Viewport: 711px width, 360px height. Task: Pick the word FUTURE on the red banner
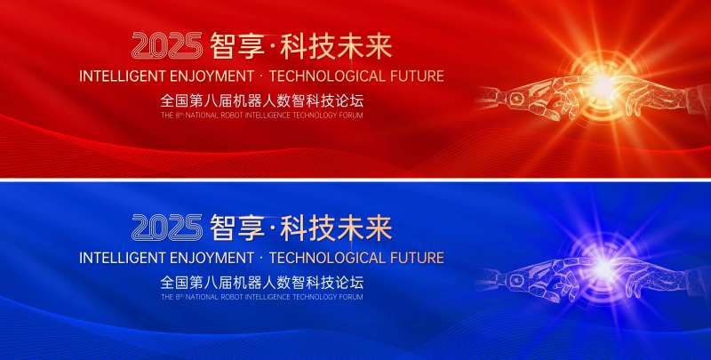pos(415,76)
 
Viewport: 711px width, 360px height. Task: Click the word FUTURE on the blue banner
pos(415,258)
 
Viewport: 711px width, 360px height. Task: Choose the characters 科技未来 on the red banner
pos(336,46)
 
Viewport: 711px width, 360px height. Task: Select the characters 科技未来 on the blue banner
pos(336,228)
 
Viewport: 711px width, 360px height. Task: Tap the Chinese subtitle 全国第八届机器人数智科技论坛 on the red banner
pos(262,100)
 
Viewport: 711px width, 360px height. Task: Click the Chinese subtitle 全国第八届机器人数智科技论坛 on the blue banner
pos(262,282)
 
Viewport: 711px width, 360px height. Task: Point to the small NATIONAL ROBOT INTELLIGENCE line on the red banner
pos(262,116)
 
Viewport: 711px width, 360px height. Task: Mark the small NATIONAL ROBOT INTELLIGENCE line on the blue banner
pos(262,297)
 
